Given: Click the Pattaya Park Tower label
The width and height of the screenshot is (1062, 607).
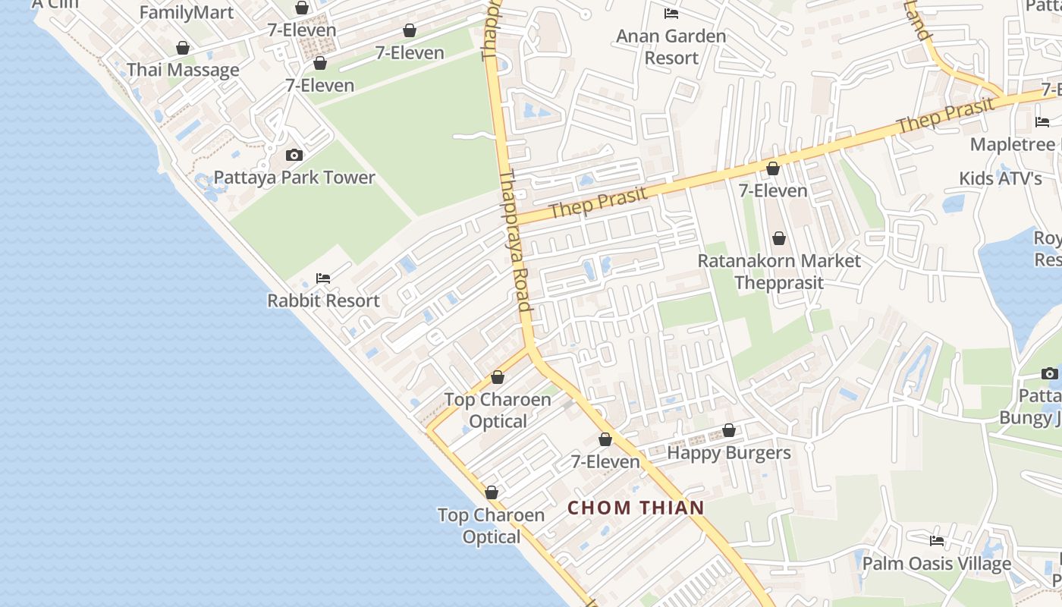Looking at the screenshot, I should click(x=294, y=178).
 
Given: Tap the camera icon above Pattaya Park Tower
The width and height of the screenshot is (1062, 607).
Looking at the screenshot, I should click(x=294, y=156).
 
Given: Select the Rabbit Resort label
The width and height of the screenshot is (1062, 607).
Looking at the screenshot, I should click(x=323, y=300).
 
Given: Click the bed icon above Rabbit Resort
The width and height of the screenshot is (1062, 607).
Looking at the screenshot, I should click(x=323, y=278).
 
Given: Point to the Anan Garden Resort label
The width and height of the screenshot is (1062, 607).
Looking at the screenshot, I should click(x=671, y=46).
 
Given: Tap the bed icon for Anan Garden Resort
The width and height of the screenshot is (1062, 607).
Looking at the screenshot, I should click(x=671, y=14).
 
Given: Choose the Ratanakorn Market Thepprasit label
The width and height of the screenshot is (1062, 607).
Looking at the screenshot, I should click(x=779, y=272).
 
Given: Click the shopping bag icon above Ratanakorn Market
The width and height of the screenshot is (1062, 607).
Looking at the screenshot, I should click(x=779, y=239).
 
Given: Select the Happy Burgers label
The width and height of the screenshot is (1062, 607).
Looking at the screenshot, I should click(x=729, y=453).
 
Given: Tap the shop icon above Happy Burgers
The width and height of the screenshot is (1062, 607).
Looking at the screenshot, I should click(x=729, y=431).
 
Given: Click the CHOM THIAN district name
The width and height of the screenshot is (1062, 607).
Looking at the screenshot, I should click(x=636, y=508).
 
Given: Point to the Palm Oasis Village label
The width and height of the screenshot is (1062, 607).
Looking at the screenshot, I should click(x=937, y=563).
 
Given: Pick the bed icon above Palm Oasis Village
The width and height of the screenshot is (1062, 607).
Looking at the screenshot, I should click(x=937, y=541).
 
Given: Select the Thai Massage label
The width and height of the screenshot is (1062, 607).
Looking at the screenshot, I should click(x=183, y=70).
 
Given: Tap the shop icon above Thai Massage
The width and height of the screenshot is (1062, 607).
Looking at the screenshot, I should click(x=183, y=49).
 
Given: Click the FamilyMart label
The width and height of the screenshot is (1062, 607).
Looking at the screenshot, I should click(x=187, y=12).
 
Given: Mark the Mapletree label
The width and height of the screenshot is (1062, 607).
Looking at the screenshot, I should click(x=1013, y=144).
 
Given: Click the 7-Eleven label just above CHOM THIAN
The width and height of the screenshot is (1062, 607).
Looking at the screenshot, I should click(x=605, y=461).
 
